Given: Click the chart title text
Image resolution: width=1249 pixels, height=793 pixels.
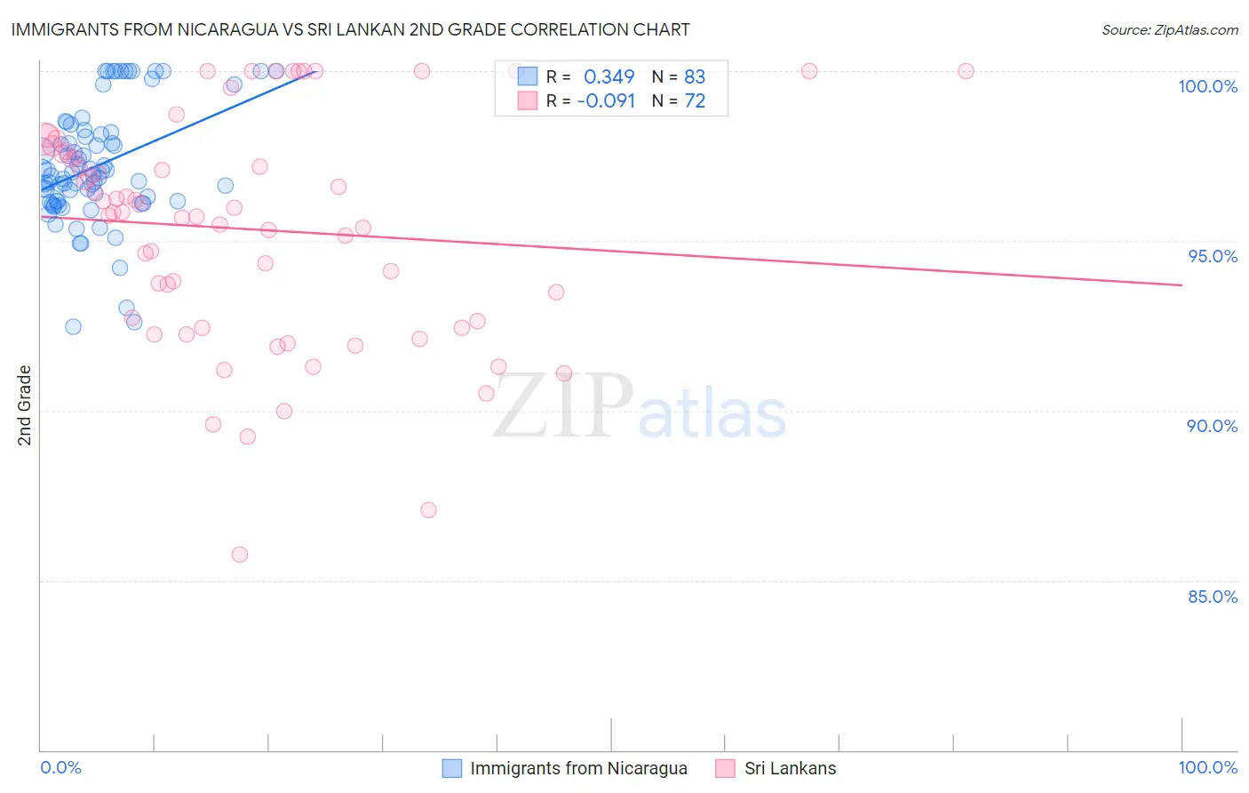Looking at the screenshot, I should click(350, 29).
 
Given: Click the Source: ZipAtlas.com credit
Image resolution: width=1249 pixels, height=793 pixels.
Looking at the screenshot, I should click(1169, 30).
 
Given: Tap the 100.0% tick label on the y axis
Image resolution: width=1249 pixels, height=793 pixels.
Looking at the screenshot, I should click(1207, 86).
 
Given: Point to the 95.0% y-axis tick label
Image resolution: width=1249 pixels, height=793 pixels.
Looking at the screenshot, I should click(1212, 256).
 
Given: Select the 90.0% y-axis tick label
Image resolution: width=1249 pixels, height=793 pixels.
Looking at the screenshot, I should click(1212, 426).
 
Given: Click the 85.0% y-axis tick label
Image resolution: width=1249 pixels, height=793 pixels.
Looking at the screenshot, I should click(1212, 597).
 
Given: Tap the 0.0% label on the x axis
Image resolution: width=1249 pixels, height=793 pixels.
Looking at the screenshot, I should click(60, 767).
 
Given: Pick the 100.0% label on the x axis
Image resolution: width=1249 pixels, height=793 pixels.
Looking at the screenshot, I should click(1207, 767).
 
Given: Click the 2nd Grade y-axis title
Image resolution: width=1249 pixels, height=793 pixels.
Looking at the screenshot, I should click(25, 405).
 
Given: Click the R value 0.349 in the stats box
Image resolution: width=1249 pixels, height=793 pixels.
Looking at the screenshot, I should click(609, 76).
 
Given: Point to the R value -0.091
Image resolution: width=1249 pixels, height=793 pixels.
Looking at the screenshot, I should click(606, 101).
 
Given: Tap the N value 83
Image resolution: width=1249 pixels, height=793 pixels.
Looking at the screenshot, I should click(695, 76).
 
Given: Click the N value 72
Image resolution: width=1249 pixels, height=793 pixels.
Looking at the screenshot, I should click(695, 101).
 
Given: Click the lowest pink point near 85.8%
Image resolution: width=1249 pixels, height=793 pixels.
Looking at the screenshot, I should click(240, 555).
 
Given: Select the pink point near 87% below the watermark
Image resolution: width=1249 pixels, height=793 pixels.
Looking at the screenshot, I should click(428, 510).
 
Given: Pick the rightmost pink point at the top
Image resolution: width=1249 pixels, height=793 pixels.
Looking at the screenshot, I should click(966, 71).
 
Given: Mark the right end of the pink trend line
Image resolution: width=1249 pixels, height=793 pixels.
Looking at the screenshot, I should click(1181, 284).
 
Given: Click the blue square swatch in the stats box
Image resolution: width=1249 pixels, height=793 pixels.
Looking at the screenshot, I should click(528, 76).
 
